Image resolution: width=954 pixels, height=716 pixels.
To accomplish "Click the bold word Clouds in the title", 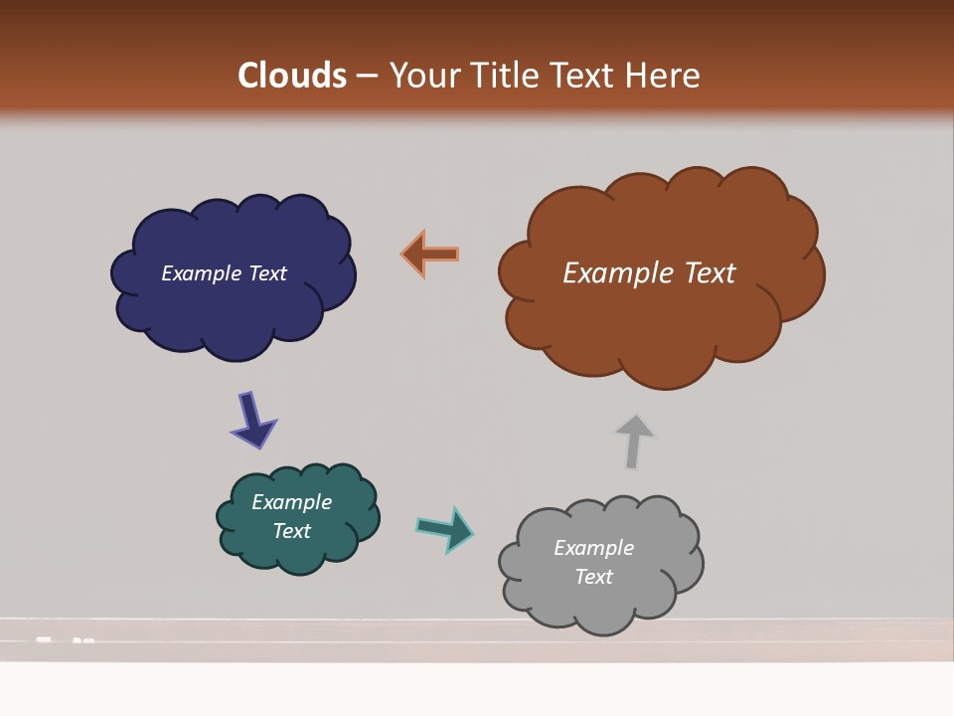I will point(291,75).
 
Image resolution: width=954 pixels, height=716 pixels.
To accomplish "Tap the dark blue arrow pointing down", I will point(252,420).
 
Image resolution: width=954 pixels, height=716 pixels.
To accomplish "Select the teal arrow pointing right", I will point(445,528).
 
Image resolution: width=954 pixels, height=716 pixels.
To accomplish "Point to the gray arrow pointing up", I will point(633,442).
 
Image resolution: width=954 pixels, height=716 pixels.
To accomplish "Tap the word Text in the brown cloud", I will point(710,272).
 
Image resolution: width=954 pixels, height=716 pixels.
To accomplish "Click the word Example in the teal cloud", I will point(291,502).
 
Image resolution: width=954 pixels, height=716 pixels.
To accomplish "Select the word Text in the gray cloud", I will point(593,577).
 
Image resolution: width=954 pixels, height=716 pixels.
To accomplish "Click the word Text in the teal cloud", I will point(291,531).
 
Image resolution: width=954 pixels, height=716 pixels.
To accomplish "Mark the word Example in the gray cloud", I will point(593,548).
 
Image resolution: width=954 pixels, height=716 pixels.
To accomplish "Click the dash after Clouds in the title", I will point(367,76).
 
